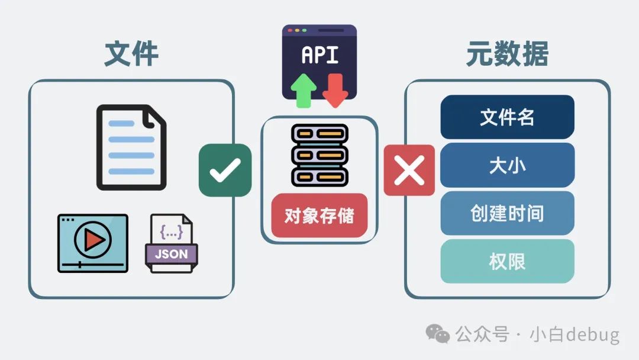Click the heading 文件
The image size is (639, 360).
[131, 54]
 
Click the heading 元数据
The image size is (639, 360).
[507, 54]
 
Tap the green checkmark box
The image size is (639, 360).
[225, 170]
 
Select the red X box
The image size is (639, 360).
[409, 170]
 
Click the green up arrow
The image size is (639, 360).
[304, 91]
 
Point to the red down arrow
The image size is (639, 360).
[335, 91]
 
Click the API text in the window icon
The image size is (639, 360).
[319, 55]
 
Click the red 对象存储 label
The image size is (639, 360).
[319, 216]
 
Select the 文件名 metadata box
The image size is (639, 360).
[507, 117]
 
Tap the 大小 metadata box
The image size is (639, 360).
[507, 165]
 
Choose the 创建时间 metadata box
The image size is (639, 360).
[507, 213]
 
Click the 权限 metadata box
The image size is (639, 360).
[507, 261]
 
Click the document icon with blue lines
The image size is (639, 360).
[131, 147]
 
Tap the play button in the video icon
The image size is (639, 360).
[93, 239]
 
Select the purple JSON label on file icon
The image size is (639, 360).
[171, 255]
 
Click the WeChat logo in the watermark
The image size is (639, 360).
[438, 335]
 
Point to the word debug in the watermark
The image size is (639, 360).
[592, 335]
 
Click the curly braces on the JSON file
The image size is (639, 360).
[171, 232]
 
